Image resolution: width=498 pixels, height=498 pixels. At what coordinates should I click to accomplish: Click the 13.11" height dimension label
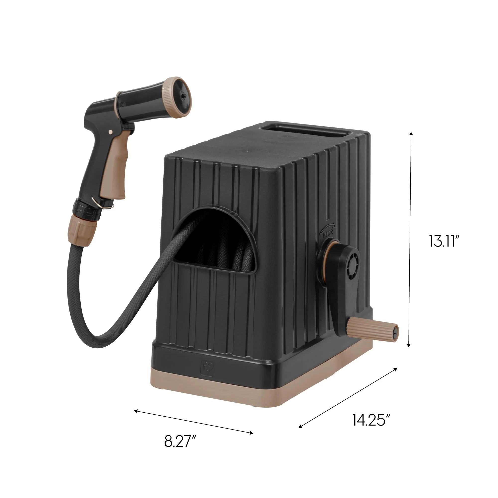444,241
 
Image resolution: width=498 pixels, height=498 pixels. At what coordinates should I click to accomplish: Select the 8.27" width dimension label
180,441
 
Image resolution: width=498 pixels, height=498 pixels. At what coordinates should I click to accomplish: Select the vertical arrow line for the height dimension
410,240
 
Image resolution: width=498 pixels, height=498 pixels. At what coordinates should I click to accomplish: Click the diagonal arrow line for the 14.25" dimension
348,398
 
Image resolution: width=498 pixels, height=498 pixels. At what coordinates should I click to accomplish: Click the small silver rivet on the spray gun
111,132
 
